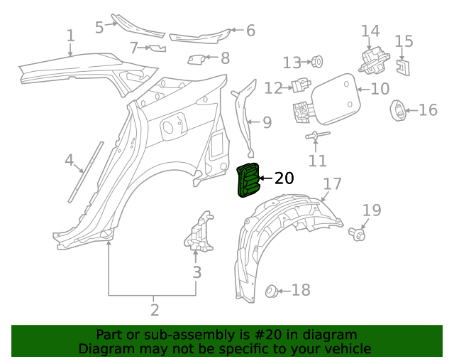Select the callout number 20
284,179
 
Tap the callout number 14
370,31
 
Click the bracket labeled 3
201,233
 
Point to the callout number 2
154,310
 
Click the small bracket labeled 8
196,59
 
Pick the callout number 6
250,31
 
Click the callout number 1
70,36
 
